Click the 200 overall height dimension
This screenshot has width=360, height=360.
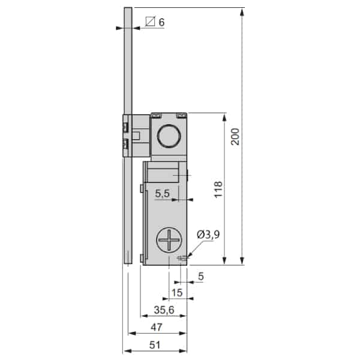point(235,137)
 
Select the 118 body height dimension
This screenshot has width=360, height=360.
point(218,189)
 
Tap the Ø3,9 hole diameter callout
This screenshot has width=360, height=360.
point(208,235)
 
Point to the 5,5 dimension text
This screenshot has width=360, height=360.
point(163,194)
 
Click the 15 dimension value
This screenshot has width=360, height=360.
point(177,293)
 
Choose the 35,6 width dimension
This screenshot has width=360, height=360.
point(164,310)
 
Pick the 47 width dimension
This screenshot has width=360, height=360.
point(157,328)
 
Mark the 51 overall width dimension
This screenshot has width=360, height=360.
point(155,345)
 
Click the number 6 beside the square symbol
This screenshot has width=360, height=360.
point(161,22)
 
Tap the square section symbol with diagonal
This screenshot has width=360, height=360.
point(151,22)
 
